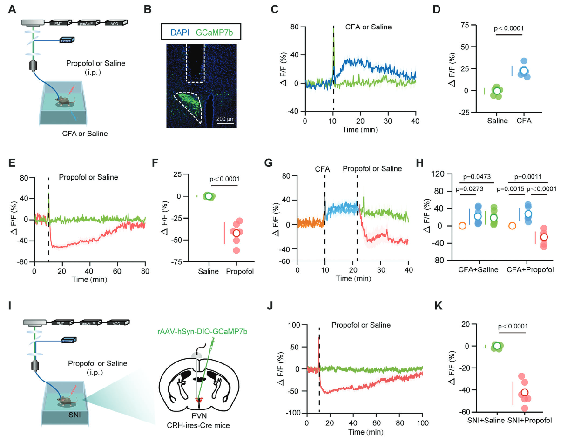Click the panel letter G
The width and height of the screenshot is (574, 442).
click(268, 164)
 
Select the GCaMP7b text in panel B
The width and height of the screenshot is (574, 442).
click(215, 33)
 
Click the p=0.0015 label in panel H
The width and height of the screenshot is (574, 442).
click(511, 189)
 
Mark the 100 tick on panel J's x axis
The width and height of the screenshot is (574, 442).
click(422, 422)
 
